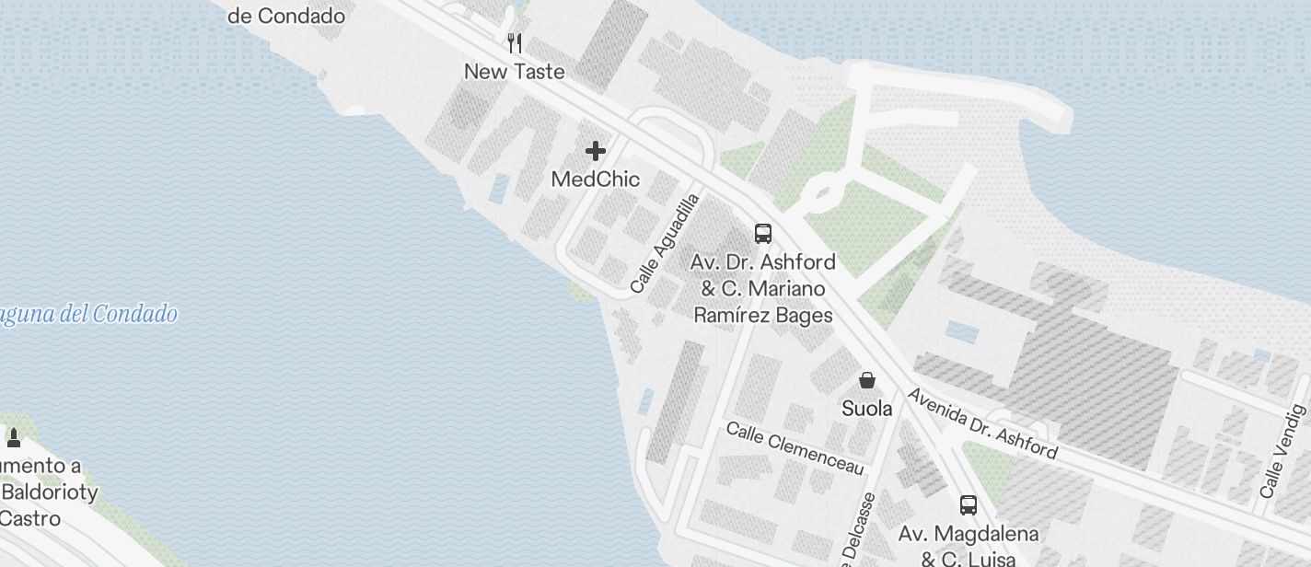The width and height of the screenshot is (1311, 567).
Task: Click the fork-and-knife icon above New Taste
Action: pyautogui.click(x=516, y=42)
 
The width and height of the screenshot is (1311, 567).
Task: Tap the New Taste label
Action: pyautogui.click(x=515, y=72)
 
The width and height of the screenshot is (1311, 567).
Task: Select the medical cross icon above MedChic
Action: pyautogui.click(x=596, y=150)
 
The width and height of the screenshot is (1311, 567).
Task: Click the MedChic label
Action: pyautogui.click(x=596, y=179)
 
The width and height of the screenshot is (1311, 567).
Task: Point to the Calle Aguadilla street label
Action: pyautogui.click(x=666, y=244)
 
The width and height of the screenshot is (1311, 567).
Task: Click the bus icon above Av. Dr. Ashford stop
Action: pyautogui.click(x=763, y=233)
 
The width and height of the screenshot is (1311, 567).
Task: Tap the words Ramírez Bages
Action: pyautogui.click(x=763, y=316)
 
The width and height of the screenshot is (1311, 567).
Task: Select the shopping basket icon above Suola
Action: pyautogui.click(x=867, y=379)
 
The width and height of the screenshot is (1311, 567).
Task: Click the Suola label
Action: pyautogui.click(x=867, y=408)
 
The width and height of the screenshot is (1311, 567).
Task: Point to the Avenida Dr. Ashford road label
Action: pyautogui.click(x=982, y=424)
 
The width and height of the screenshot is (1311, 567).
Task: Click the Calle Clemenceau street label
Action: pyautogui.click(x=795, y=449)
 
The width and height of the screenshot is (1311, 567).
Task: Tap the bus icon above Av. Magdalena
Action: pyautogui.click(x=969, y=504)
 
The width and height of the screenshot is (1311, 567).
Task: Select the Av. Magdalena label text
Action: pyautogui.click(x=969, y=534)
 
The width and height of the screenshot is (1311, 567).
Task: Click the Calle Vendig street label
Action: pyautogui.click(x=1283, y=451)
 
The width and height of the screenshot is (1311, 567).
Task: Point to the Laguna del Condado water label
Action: pyautogui.click(x=88, y=315)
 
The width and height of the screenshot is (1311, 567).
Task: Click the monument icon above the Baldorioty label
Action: pyautogui.click(x=14, y=436)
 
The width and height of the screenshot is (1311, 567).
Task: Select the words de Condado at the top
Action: pyautogui.click(x=286, y=16)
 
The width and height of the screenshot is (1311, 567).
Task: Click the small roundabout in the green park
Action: pyautogui.click(x=822, y=194)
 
